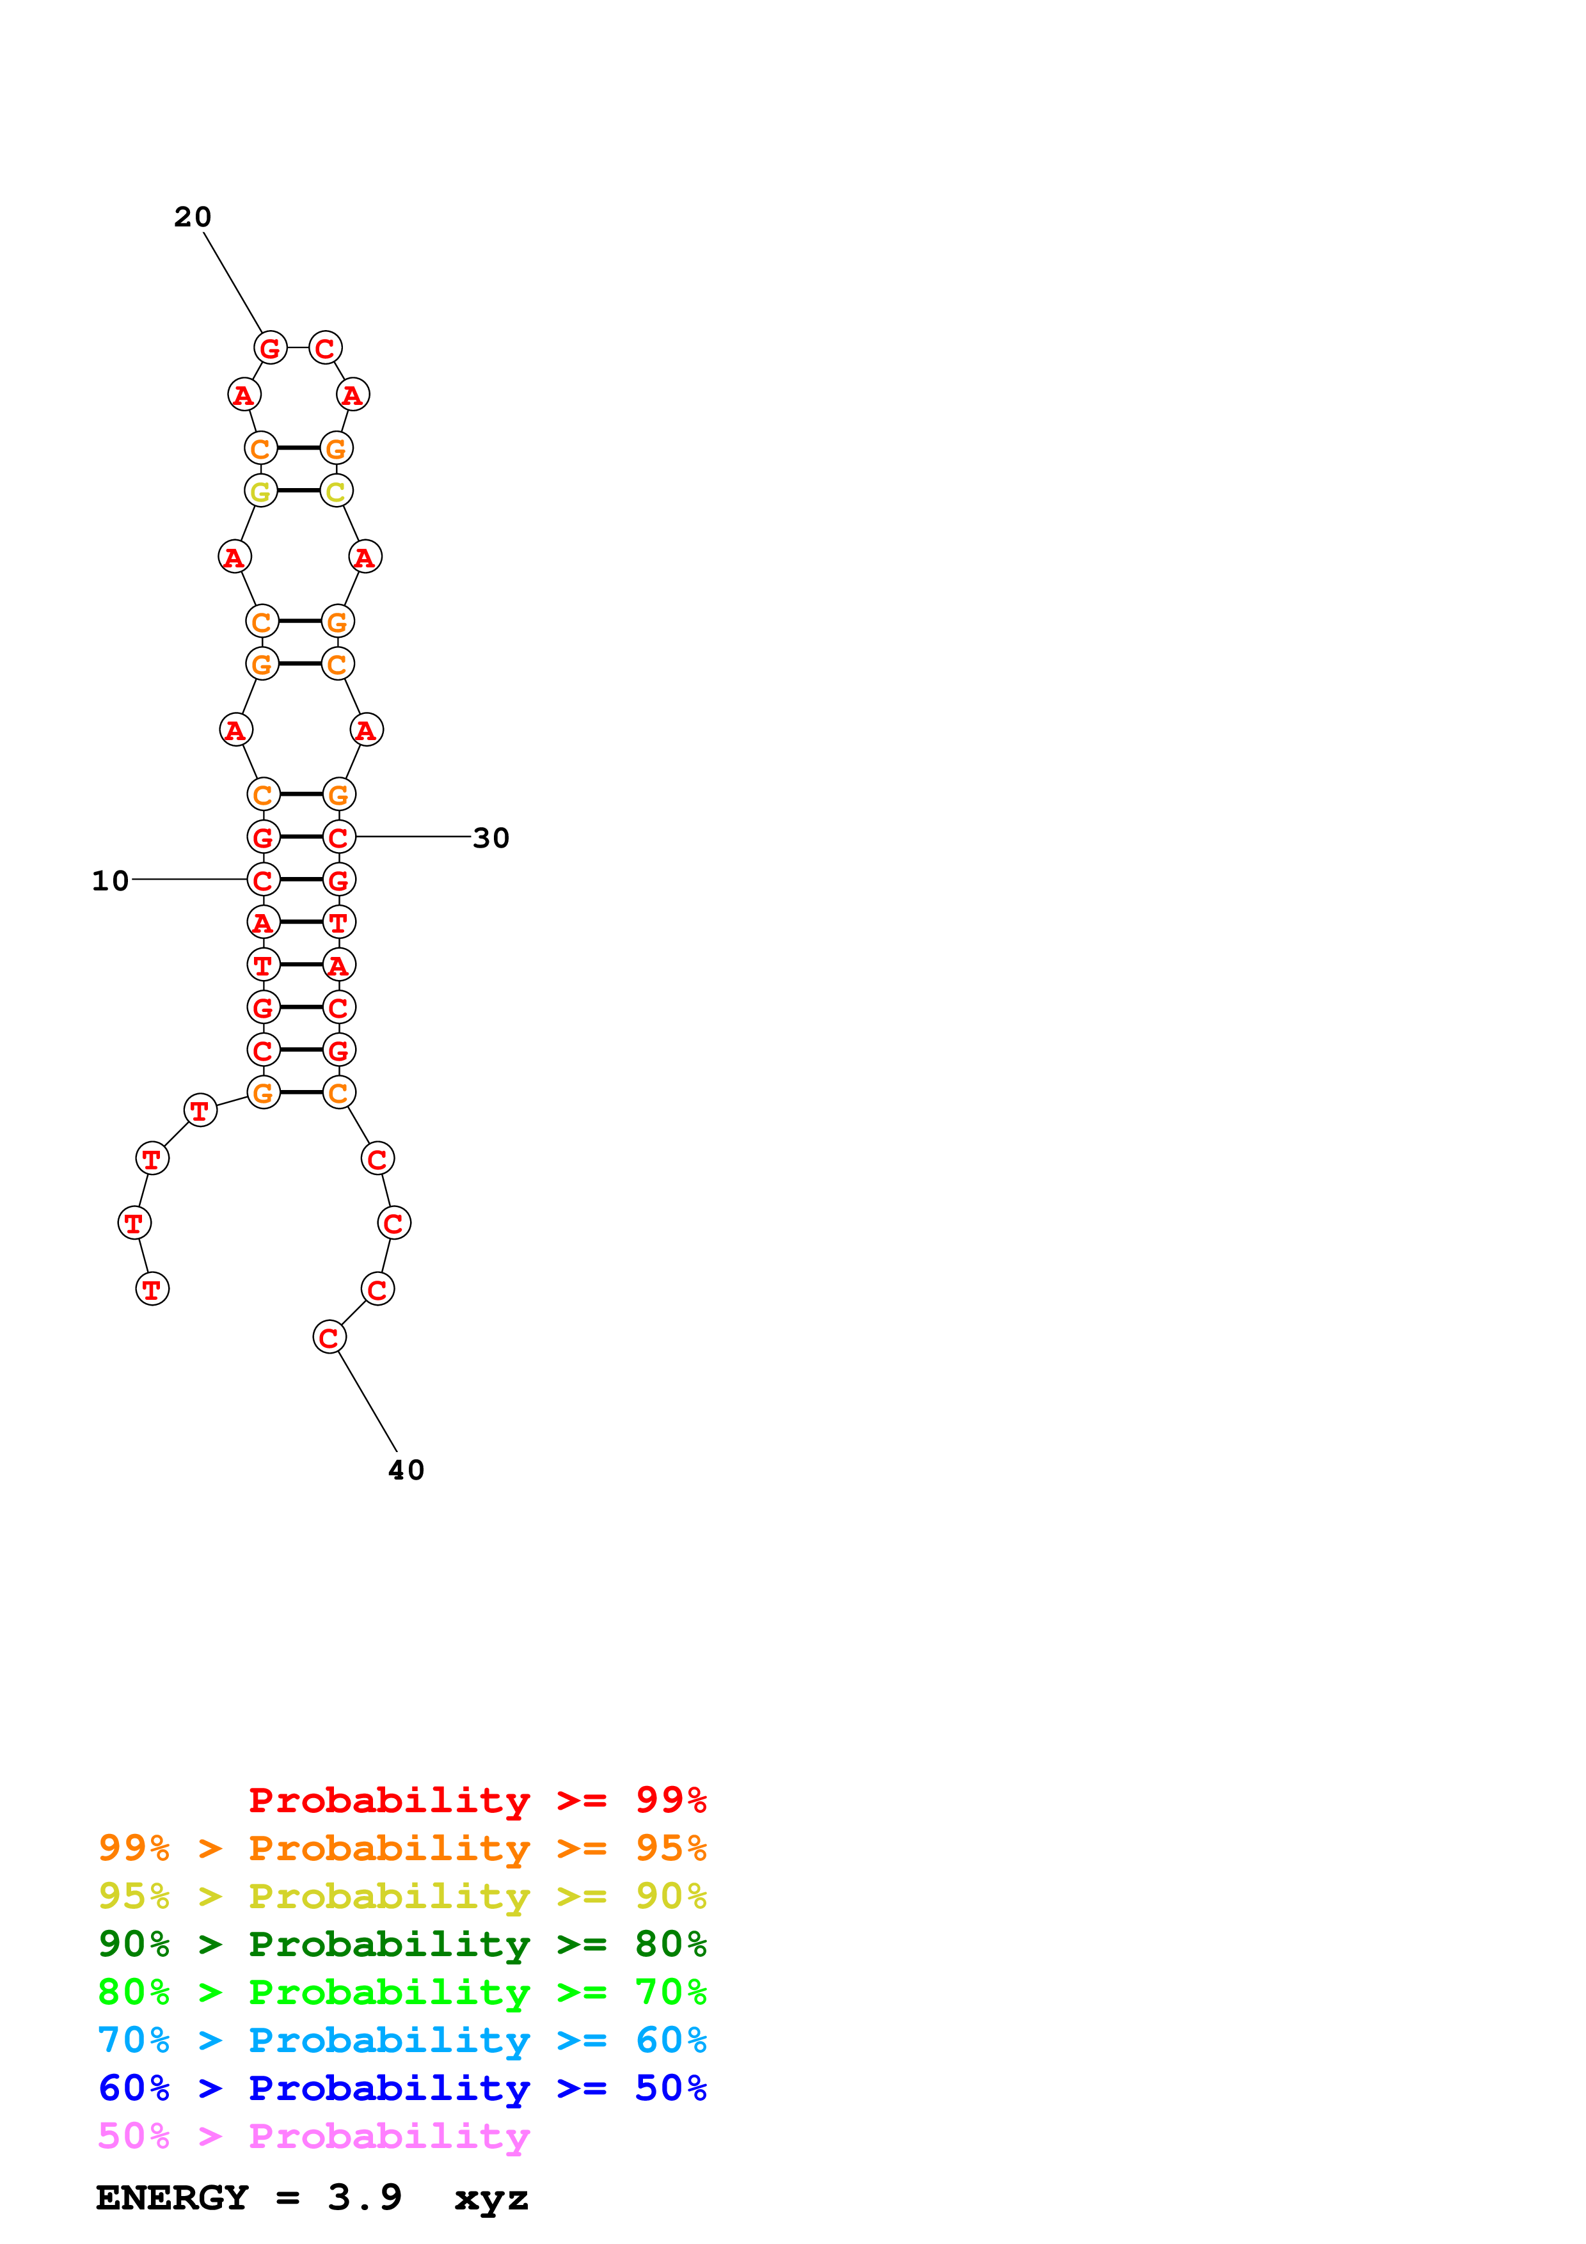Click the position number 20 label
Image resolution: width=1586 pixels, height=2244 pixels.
193,217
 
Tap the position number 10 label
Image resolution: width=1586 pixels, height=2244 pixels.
111,881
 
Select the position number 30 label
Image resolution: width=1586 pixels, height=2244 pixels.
491,837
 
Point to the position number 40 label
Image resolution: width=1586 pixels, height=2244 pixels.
406,1470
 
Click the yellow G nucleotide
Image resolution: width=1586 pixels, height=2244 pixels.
261,491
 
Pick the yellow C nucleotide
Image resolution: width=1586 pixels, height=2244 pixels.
336,491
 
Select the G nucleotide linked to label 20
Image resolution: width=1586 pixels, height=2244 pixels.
271,347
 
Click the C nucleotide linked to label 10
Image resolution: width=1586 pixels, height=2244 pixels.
263,880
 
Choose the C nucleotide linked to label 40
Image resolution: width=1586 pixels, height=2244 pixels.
329,1336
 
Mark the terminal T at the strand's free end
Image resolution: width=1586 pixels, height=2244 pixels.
152,1288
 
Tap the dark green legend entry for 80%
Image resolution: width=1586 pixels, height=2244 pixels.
402,1944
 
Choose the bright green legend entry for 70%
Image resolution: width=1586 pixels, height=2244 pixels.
402,1992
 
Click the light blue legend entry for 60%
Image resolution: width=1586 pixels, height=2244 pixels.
402,2040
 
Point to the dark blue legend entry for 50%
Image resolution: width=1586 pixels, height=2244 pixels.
402,2088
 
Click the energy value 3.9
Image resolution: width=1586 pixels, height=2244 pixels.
365,2198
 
